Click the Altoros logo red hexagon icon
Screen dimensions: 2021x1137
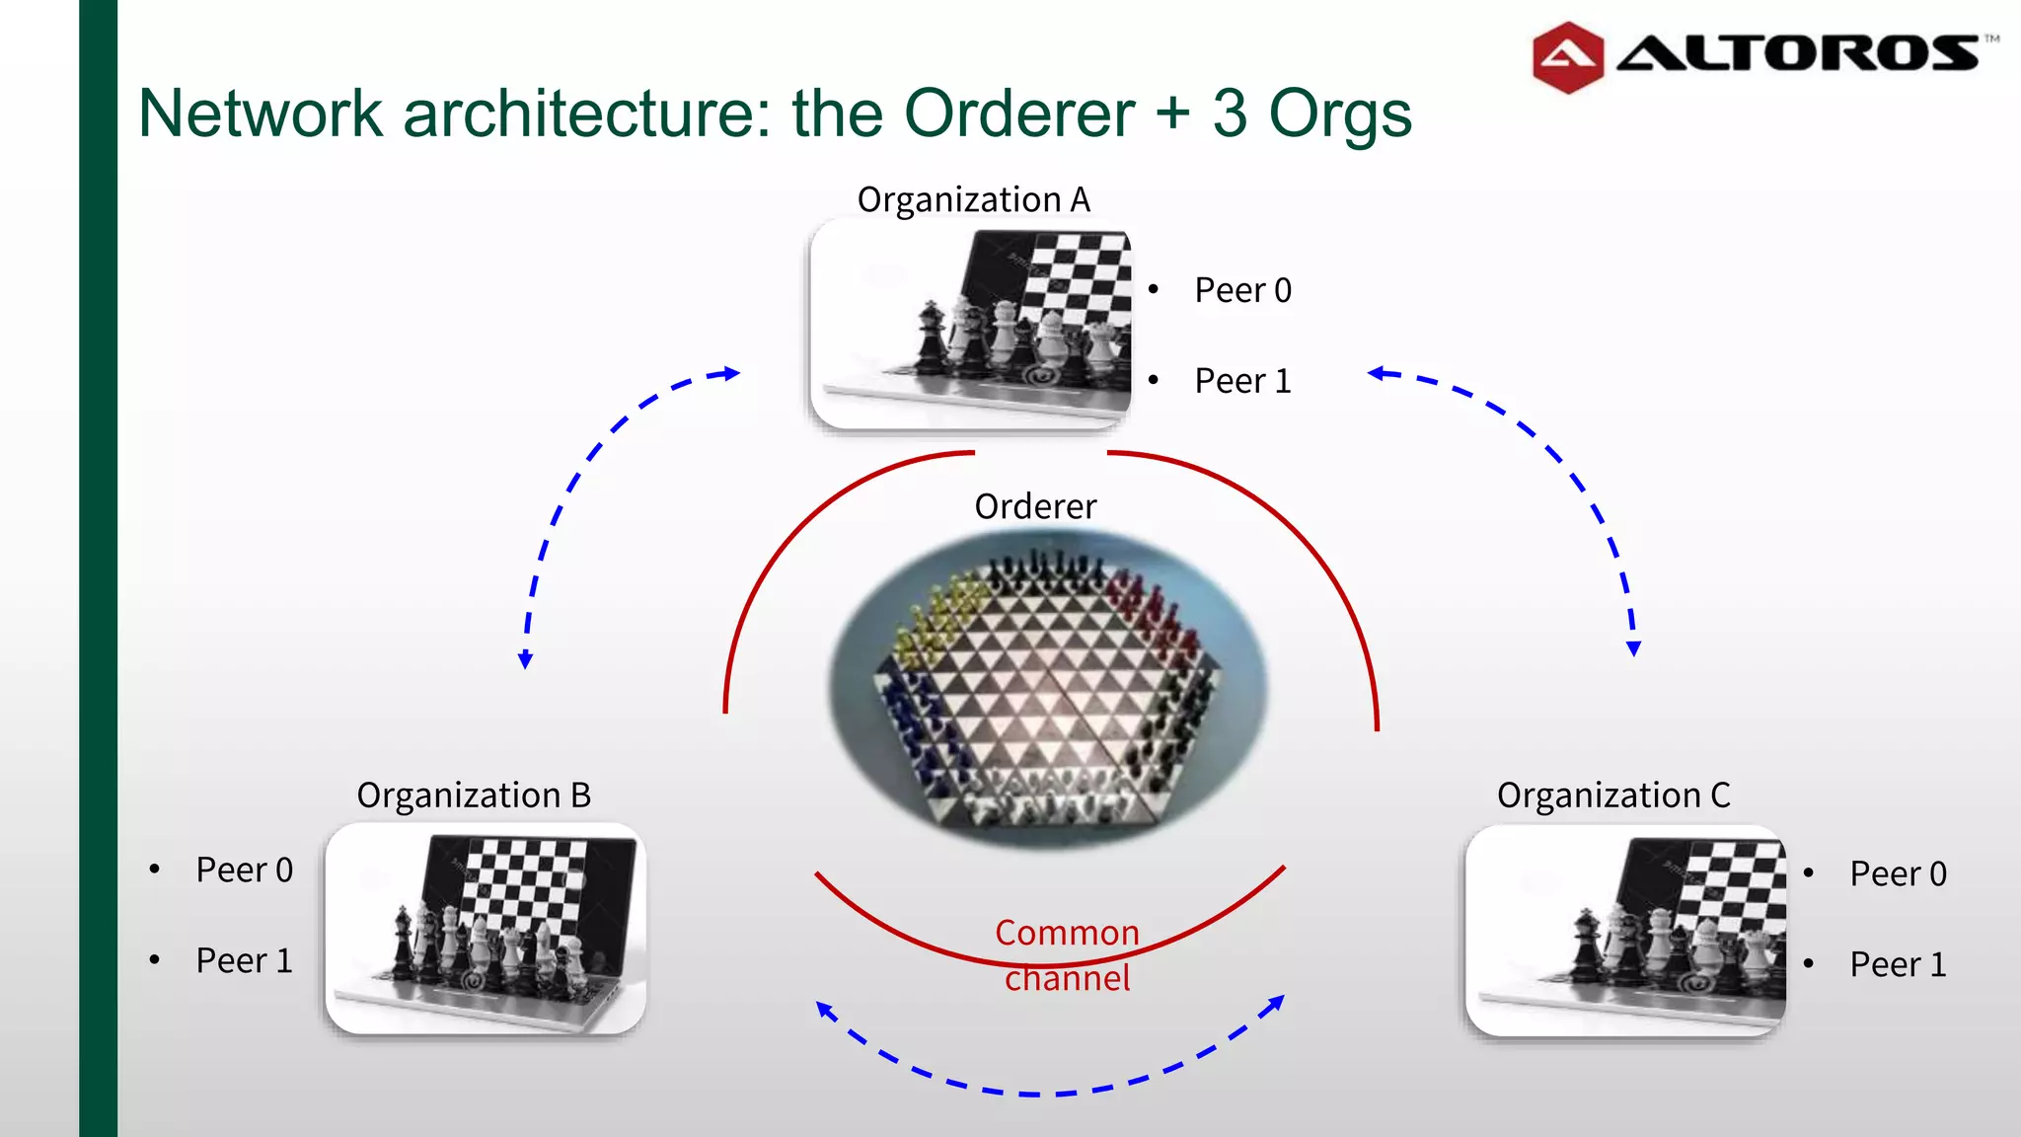pos(1567,57)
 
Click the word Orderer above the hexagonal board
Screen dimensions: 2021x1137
pos(1035,506)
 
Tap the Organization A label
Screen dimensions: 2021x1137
pos(973,199)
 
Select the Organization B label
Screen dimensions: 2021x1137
pos(474,796)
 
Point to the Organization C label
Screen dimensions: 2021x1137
pos(1613,796)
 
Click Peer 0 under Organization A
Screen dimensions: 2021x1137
pos(1242,290)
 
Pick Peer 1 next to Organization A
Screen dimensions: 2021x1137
pos(1242,381)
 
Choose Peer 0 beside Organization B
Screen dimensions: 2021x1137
pos(244,870)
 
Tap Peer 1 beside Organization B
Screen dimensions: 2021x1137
pos(244,960)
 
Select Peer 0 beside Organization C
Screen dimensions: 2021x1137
pos(1898,873)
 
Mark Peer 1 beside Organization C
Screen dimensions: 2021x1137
pos(1898,964)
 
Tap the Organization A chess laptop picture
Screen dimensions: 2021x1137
pos(971,324)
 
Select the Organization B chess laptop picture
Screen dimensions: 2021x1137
pos(486,928)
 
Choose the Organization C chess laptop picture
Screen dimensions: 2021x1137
pos(1625,930)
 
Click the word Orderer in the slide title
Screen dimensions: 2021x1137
pos(1019,114)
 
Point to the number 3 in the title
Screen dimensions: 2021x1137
pos(1230,114)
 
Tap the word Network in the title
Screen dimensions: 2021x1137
pos(260,114)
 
